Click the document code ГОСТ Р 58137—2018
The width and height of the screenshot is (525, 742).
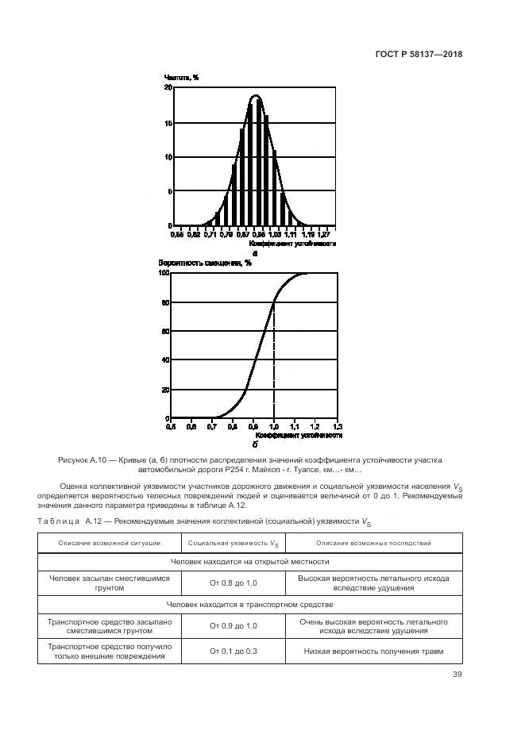(419, 55)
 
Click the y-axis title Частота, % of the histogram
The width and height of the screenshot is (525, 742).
(181, 77)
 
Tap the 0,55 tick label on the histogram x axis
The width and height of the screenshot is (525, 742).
(177, 234)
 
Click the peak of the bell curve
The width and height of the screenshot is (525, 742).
(256, 96)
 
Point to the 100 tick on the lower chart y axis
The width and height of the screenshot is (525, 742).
(164, 273)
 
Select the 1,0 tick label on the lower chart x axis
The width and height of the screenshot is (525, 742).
(274, 427)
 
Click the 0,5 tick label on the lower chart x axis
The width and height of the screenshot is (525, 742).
(171, 427)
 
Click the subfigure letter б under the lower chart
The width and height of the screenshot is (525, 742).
(255, 444)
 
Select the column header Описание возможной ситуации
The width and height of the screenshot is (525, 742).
(110, 543)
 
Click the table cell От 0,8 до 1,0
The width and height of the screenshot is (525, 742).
(233, 583)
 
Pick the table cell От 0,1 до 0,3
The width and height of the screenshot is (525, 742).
(233, 651)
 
